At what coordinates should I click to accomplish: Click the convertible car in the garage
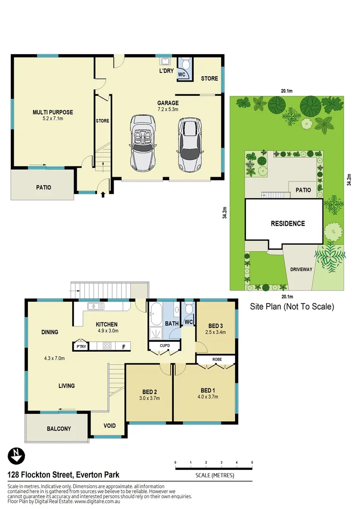click(143, 143)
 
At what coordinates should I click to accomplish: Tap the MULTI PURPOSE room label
click(53, 112)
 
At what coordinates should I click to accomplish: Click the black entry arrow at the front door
click(103, 194)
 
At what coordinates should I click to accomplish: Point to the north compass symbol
click(16, 456)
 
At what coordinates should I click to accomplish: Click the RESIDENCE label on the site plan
click(287, 223)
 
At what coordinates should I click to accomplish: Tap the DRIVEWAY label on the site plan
click(301, 269)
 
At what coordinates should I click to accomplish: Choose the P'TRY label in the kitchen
click(80, 346)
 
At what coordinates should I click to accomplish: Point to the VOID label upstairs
click(109, 426)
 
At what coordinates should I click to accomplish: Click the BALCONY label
click(59, 429)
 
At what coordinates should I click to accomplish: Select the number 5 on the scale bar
click(253, 463)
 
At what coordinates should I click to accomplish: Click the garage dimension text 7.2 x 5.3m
click(168, 109)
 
